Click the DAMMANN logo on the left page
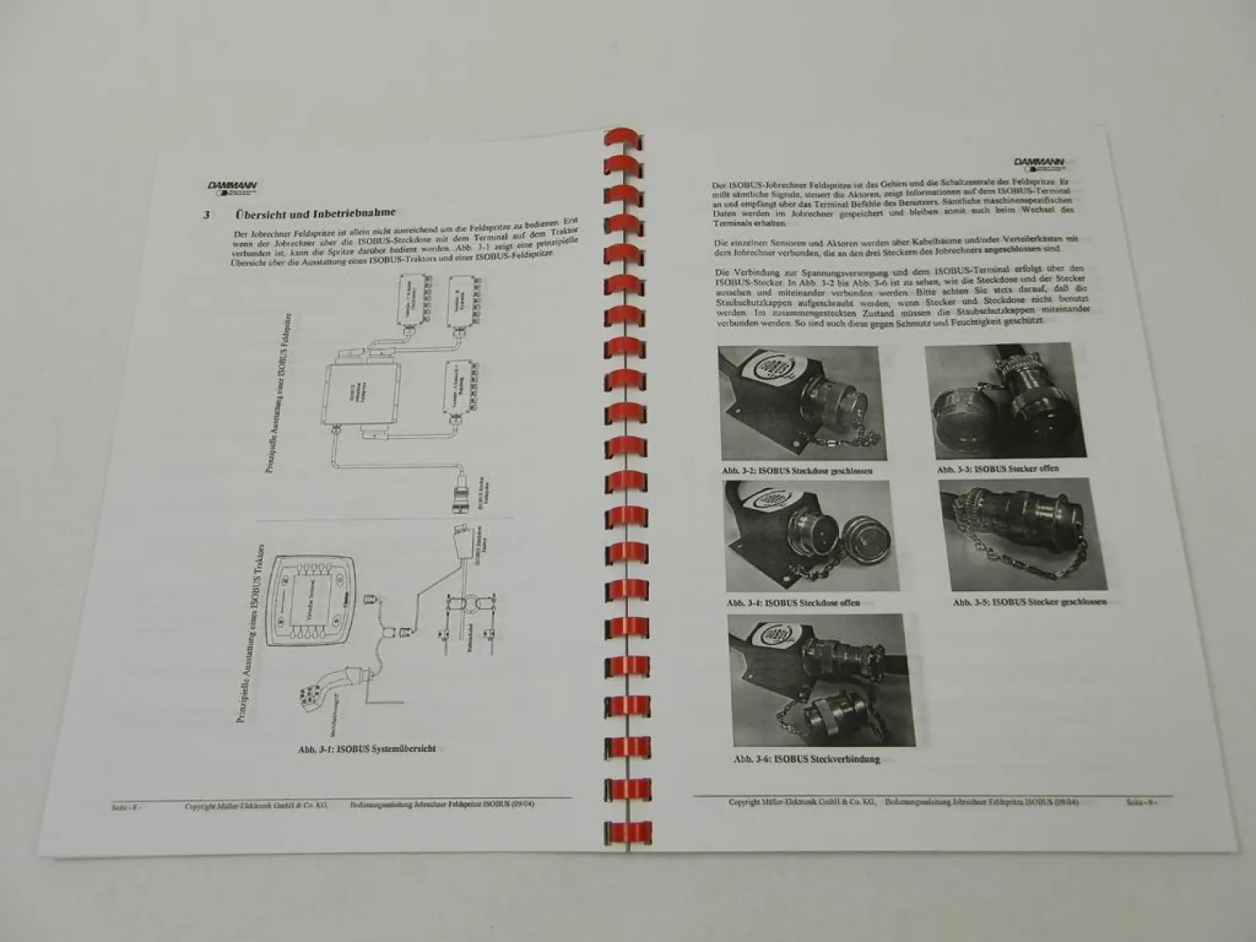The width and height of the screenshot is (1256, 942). [233, 188]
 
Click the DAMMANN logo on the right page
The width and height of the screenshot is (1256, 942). [1037, 164]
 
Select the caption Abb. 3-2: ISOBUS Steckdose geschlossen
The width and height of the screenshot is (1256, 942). [797, 471]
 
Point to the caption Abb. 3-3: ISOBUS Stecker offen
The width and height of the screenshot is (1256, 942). [998, 469]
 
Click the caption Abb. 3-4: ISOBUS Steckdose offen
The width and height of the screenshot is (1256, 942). [793, 602]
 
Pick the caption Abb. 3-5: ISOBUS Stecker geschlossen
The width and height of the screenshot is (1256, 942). [1029, 602]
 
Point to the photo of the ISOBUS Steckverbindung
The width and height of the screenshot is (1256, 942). [803, 681]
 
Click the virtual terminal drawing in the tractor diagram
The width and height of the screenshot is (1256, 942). [311, 600]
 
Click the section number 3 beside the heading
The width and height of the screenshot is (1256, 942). [207, 215]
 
